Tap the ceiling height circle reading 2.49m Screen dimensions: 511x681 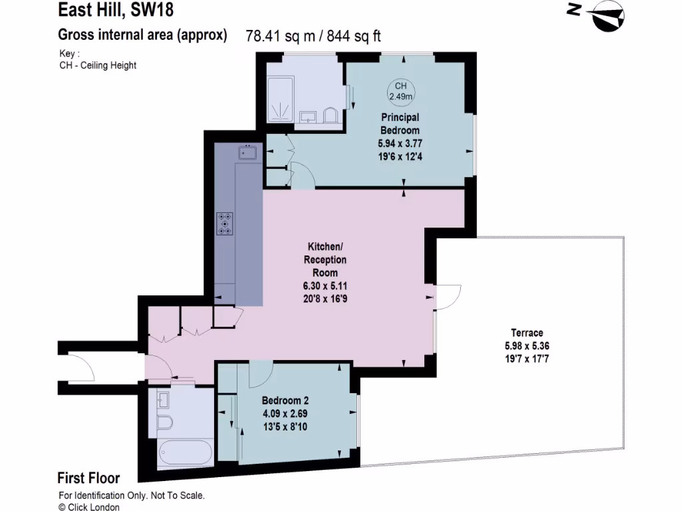coord(401,91)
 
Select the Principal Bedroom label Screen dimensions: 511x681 coord(399,124)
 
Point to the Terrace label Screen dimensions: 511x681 coord(527,333)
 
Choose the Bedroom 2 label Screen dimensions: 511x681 coord(285,401)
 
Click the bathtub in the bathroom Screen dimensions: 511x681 coord(185,452)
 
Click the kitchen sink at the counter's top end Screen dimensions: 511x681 coord(248,153)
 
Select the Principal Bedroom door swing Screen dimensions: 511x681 coord(303,174)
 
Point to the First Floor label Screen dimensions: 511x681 coord(88,478)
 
